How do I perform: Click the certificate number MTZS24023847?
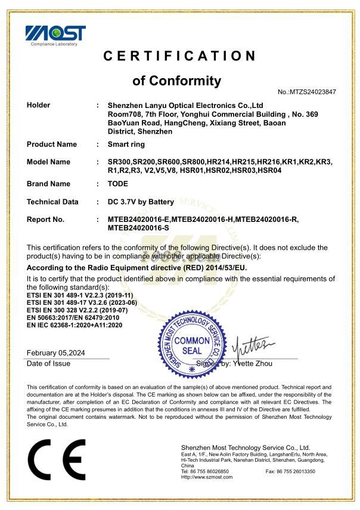[307, 92]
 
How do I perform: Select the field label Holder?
[39, 105]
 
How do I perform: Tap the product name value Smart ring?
[126, 144]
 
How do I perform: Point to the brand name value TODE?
[118, 184]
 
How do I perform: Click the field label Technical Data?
[52, 202]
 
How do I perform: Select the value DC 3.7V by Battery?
[141, 202]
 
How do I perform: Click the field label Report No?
[45, 220]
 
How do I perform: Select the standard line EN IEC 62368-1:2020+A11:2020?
[75, 325]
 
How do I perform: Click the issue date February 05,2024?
[56, 353]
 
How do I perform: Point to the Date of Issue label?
[49, 363]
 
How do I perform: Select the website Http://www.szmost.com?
[207, 477]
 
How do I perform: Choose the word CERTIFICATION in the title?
[179, 57]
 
